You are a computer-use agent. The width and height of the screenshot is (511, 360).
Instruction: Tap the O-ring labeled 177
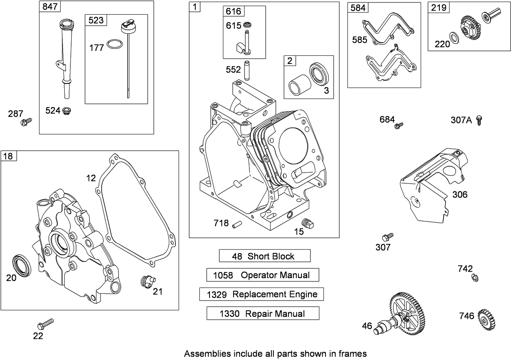(115, 44)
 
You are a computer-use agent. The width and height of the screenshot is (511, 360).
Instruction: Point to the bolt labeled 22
(45, 324)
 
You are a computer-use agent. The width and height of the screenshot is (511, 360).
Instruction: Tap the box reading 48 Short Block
(264, 256)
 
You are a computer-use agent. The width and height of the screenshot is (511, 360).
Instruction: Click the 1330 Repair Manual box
(262, 314)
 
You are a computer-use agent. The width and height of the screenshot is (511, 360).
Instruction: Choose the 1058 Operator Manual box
(262, 275)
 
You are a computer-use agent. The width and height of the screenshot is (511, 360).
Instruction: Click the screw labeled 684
(399, 125)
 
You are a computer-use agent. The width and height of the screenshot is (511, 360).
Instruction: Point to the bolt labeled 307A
(479, 120)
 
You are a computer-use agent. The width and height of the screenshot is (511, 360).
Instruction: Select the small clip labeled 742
(474, 277)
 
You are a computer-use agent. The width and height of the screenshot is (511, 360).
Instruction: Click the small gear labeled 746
(487, 319)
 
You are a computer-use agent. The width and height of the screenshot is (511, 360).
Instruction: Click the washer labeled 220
(454, 37)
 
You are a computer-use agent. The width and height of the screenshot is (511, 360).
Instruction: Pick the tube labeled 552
(246, 70)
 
